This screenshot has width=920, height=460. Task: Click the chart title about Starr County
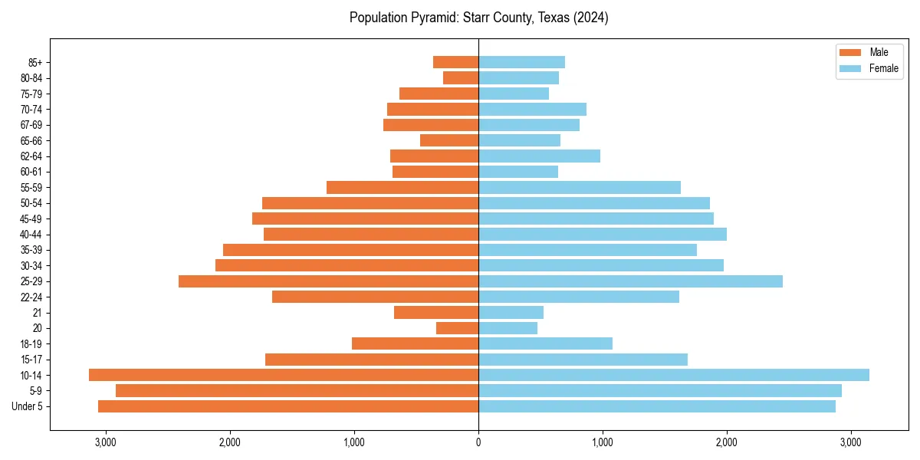[478, 18]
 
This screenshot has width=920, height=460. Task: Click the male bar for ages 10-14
[284, 375]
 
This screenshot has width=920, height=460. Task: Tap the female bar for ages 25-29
[630, 281]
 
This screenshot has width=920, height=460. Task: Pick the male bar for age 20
[457, 328]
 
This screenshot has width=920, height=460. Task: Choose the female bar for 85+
[521, 62]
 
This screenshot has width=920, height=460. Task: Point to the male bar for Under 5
[288, 406]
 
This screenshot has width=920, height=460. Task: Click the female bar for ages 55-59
[580, 188]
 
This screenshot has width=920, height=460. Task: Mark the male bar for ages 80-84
[461, 78]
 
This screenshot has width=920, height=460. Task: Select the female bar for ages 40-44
[603, 235]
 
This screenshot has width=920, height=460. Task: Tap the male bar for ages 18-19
[415, 343]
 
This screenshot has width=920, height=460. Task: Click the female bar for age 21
[511, 313]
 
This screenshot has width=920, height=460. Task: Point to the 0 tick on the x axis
[478, 442]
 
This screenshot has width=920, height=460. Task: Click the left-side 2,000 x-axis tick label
[229, 442]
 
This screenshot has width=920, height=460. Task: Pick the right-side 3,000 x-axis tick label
[851, 442]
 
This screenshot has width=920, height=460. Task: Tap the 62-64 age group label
[31, 156]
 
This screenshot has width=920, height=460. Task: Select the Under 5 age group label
[28, 406]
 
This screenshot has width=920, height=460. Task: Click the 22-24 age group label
[31, 297]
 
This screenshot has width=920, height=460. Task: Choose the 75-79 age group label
[31, 94]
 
